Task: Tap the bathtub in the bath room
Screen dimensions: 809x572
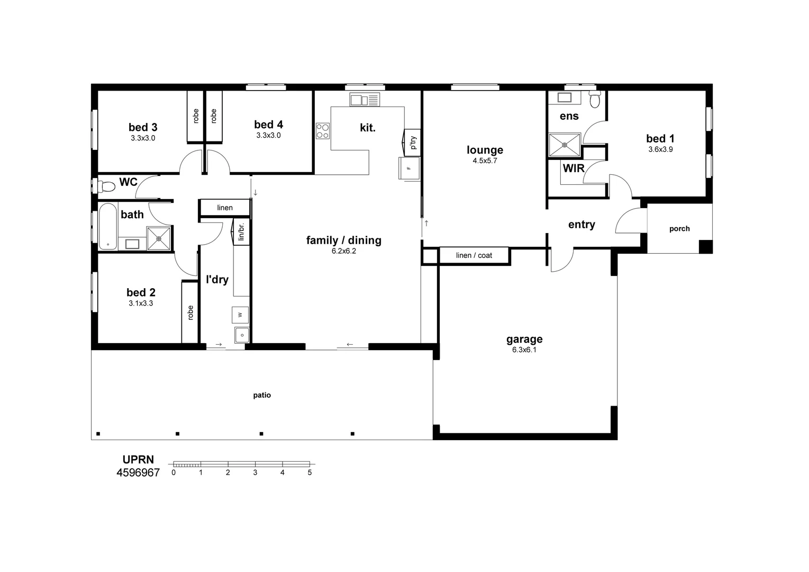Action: click(x=108, y=226)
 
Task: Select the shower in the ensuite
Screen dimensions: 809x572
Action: click(x=565, y=145)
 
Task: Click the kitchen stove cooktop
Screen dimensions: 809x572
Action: click(x=323, y=131)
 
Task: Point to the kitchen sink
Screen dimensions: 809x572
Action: click(x=365, y=100)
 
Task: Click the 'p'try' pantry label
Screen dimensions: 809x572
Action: click(x=414, y=143)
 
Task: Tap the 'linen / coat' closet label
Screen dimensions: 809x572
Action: click(x=474, y=256)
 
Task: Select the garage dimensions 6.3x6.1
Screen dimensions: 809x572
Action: click(x=524, y=350)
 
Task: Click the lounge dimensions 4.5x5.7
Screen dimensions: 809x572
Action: click(x=485, y=160)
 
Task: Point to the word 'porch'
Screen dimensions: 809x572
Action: click(x=679, y=228)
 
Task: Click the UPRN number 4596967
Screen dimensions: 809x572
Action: click(x=138, y=472)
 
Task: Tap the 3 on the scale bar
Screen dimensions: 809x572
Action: click(x=255, y=472)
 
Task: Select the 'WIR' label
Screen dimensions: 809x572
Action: click(x=574, y=168)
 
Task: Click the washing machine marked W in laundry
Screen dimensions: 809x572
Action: click(x=240, y=315)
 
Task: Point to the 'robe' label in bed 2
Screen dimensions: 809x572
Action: click(x=190, y=313)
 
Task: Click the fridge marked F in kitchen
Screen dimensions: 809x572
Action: click(x=409, y=168)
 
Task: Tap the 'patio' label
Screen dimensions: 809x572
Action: click(x=262, y=395)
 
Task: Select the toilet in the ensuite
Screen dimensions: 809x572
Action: click(x=595, y=99)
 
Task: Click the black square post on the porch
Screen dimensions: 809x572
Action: click(x=706, y=247)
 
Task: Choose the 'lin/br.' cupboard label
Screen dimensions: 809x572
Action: click(x=241, y=232)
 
